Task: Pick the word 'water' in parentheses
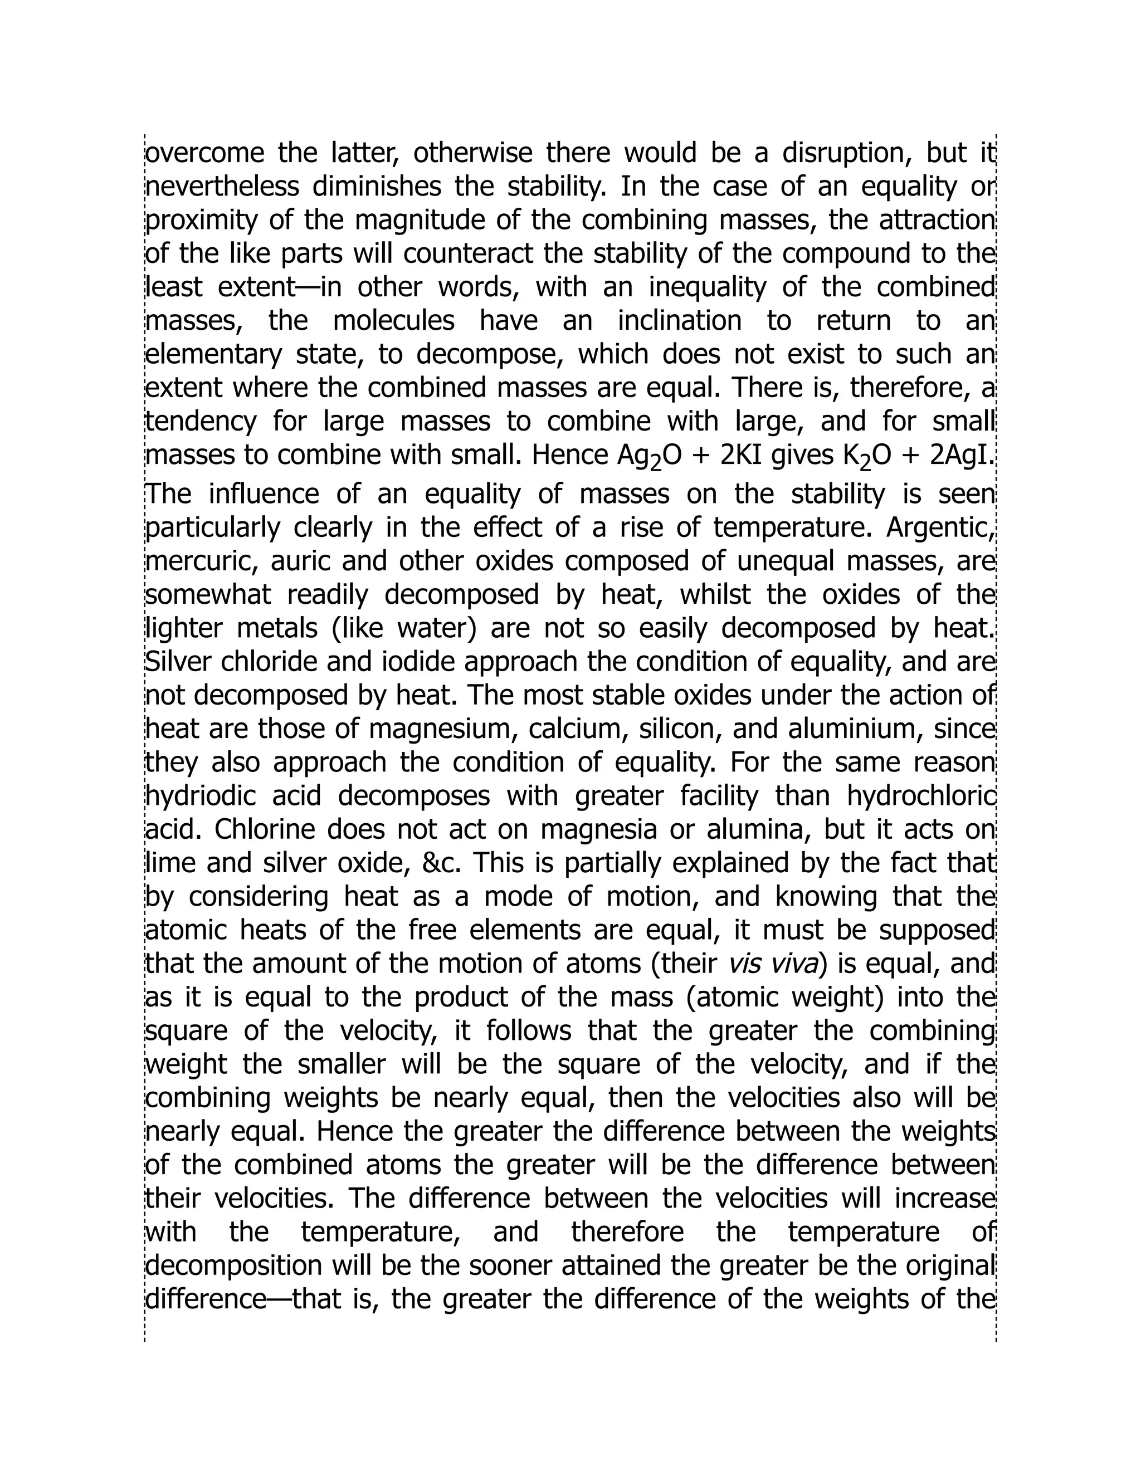point(437,628)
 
